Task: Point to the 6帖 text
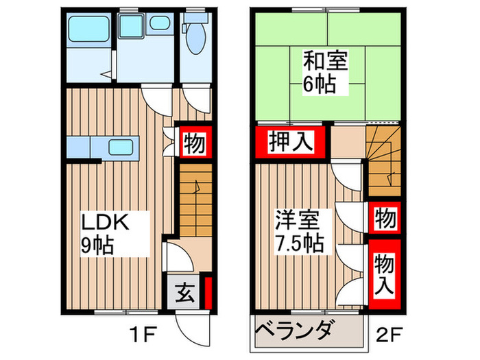tap(322, 85)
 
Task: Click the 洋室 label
tap(296, 221)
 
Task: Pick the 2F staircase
tap(382, 161)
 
